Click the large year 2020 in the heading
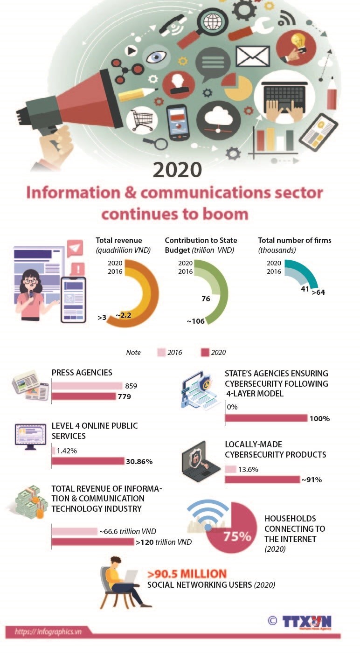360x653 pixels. coord(177,170)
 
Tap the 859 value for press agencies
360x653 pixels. coord(131,386)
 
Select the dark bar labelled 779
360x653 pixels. coord(83,396)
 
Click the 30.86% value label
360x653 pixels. coord(139,462)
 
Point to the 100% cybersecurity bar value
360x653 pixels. coord(319,418)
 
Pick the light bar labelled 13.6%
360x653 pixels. coord(230,469)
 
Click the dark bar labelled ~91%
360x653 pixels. coord(262,479)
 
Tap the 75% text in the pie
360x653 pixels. coord(237,536)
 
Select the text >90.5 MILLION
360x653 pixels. coord(187,574)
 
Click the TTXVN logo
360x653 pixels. coord(306,621)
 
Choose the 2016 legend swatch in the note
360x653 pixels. coord(162,353)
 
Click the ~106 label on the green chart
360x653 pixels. coord(195,321)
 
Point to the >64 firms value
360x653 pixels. coord(318,292)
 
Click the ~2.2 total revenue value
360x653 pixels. coord(124,315)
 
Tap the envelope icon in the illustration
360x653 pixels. coord(252,56)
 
